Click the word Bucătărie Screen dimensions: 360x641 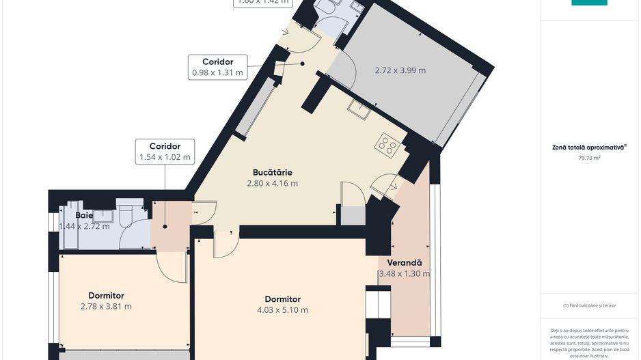[272, 172]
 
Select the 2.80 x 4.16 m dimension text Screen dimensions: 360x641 [272, 183]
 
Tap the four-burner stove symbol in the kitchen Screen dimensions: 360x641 [387, 144]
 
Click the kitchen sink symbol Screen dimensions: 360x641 [359, 109]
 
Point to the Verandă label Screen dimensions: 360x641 [405, 262]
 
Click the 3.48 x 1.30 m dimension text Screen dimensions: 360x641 [404, 274]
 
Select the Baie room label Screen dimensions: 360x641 [84, 215]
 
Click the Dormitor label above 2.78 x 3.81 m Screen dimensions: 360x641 [106, 295]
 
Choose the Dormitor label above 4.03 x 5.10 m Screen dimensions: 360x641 [282, 299]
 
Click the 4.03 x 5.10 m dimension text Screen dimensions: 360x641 [282, 310]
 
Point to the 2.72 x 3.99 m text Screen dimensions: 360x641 [400, 70]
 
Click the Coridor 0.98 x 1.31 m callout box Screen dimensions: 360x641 [217, 67]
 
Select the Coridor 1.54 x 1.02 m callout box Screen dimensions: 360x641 [164, 152]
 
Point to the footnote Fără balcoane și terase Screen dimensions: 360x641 [589, 305]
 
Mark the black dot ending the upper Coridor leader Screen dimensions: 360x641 [303, 64]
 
